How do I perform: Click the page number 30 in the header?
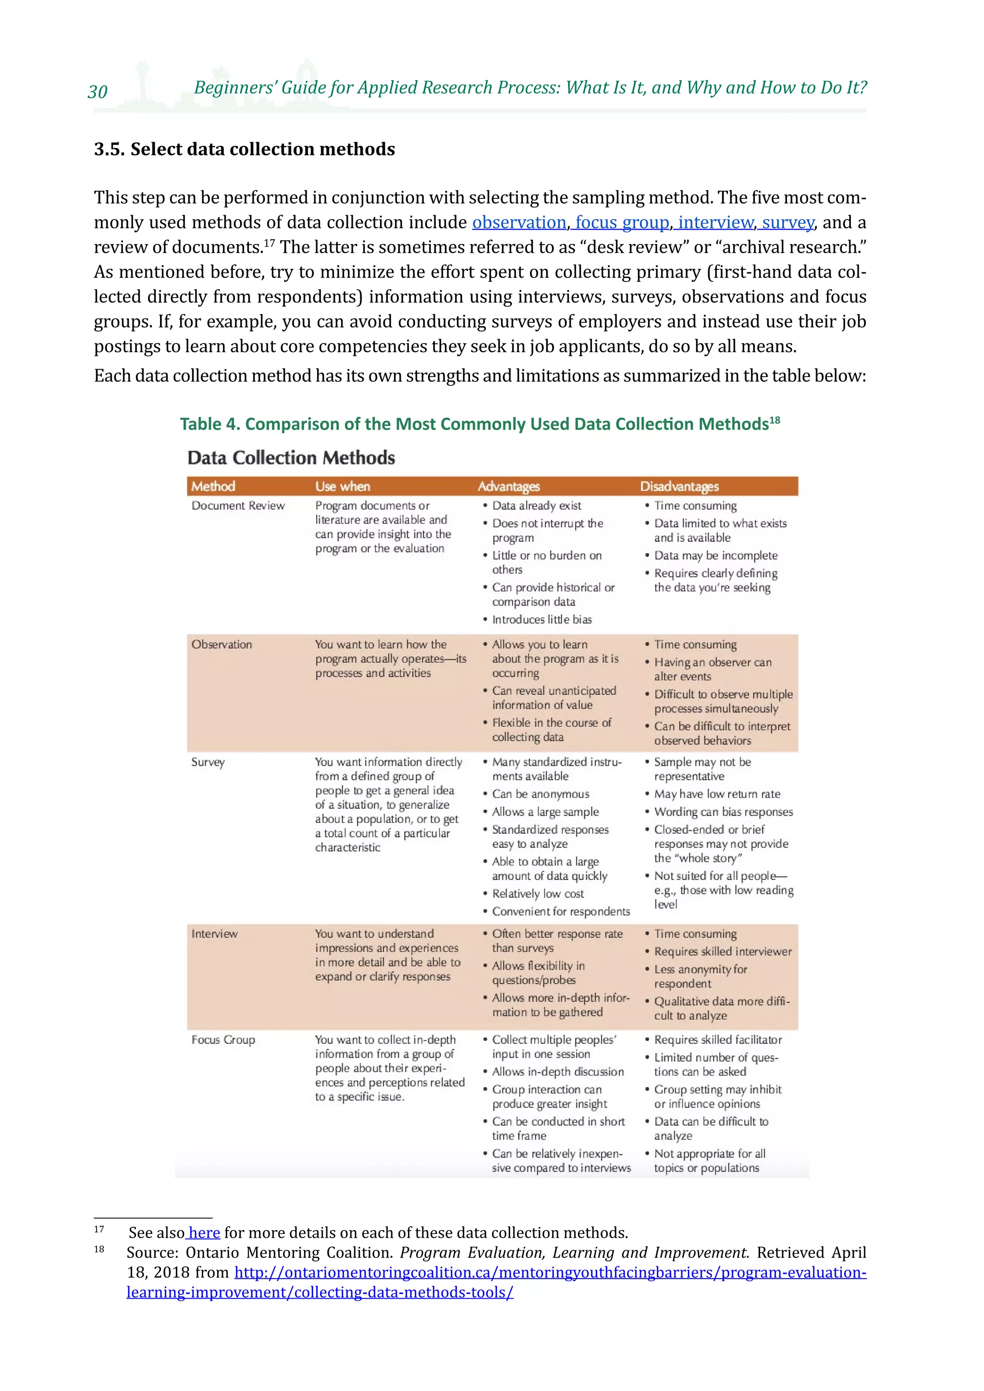point(98,91)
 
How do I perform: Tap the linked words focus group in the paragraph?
point(622,222)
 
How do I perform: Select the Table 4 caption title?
point(480,424)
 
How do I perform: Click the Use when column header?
point(343,486)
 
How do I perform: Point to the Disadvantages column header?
point(679,486)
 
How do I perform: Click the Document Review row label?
point(237,505)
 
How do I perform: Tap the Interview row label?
point(214,934)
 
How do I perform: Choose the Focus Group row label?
point(223,1039)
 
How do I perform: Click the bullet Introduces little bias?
point(541,619)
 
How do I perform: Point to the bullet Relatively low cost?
point(538,893)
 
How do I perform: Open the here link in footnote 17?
point(204,1233)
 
